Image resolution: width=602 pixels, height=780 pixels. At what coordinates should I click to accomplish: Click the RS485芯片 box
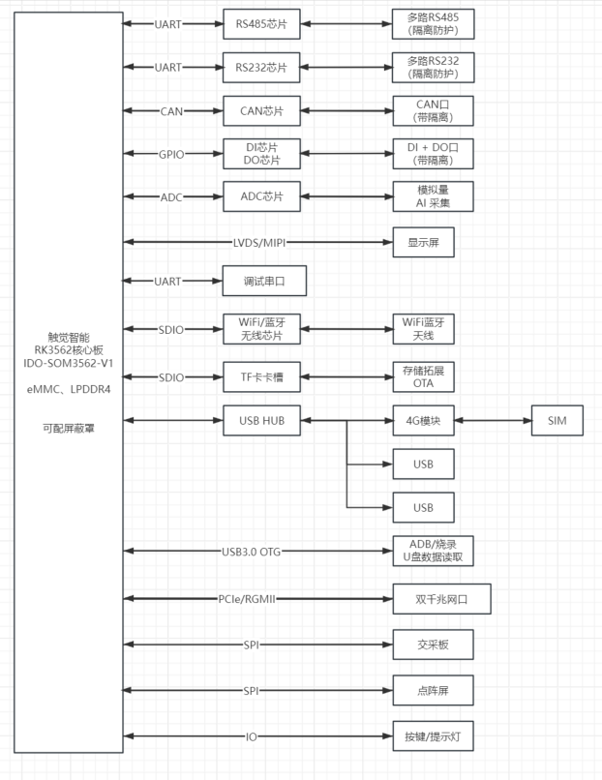click(261, 24)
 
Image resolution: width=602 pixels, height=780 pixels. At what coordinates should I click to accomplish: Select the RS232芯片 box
click(261, 67)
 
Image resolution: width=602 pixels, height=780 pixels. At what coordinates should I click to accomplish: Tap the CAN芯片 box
click(261, 111)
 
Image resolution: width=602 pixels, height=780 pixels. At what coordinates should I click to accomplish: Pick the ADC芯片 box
click(261, 196)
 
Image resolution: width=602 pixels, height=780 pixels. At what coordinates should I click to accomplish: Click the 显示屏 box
click(423, 242)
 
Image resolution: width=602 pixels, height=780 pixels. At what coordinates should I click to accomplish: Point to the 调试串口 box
click(264, 281)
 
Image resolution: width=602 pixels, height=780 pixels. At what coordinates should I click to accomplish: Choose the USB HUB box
click(261, 420)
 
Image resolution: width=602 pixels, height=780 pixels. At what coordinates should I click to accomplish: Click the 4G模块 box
click(423, 420)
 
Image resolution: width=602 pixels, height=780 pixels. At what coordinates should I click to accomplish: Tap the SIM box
click(557, 420)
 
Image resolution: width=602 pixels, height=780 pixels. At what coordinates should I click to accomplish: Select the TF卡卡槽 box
click(261, 377)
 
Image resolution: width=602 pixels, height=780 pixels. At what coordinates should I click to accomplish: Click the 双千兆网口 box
click(441, 599)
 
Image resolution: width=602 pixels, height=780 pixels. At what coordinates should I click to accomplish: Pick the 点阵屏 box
click(433, 690)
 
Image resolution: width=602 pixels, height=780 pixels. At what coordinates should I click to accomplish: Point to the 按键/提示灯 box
click(433, 736)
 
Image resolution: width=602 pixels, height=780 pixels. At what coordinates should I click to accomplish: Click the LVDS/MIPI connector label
click(259, 243)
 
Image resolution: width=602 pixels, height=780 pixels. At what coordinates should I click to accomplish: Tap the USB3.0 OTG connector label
click(252, 552)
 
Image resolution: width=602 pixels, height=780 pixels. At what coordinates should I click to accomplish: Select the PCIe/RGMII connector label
click(247, 599)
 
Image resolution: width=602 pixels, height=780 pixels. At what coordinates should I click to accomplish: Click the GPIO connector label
click(171, 155)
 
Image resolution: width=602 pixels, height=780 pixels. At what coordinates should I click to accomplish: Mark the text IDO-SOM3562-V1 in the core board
click(69, 363)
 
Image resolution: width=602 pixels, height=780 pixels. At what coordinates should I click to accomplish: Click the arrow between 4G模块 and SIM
click(493, 420)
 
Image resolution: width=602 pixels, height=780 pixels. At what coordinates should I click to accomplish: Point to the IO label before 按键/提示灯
click(252, 736)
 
